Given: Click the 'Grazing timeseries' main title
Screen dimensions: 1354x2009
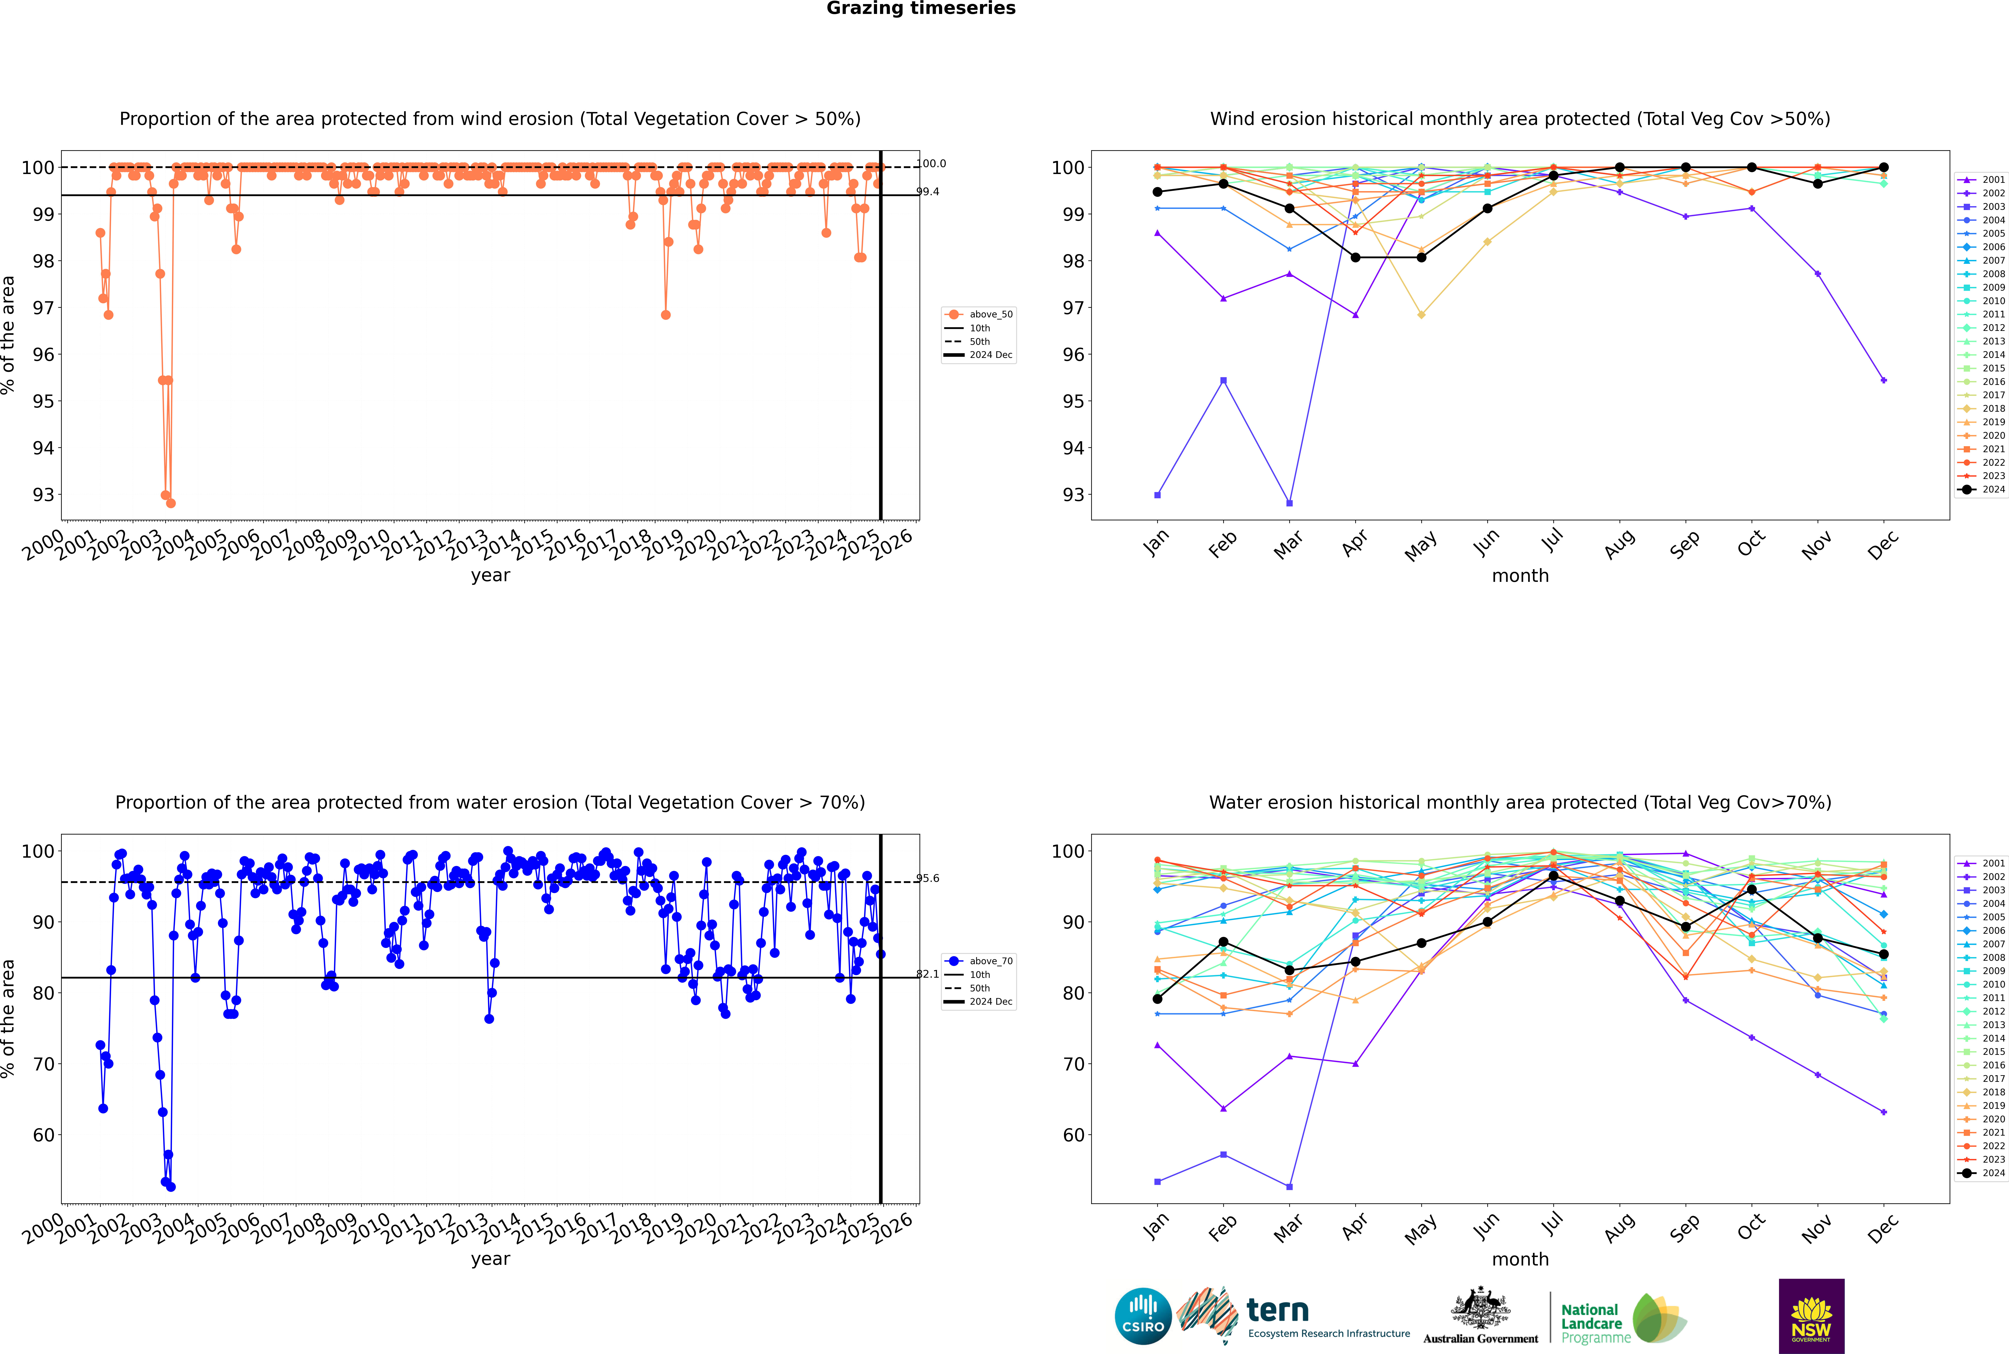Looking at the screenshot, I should [921, 9].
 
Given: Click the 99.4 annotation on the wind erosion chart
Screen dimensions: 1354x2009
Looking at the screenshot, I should [928, 192].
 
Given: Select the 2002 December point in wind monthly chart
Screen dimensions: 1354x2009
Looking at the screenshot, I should [1884, 380].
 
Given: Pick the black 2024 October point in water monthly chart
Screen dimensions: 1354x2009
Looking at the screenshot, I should [1752, 889].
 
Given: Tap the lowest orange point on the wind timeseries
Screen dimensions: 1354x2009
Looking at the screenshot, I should [171, 503].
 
